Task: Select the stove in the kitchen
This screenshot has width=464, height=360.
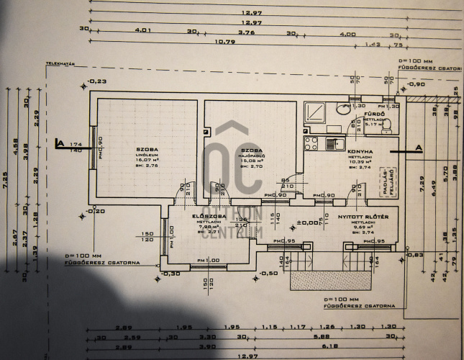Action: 311,142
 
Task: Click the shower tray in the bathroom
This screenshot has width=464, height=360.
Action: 317,112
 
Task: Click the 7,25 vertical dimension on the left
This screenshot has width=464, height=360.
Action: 6,175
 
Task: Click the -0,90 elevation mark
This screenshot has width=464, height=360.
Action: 415,84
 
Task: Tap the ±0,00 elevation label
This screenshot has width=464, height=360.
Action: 310,222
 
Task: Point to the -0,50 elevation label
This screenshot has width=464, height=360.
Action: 267,274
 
